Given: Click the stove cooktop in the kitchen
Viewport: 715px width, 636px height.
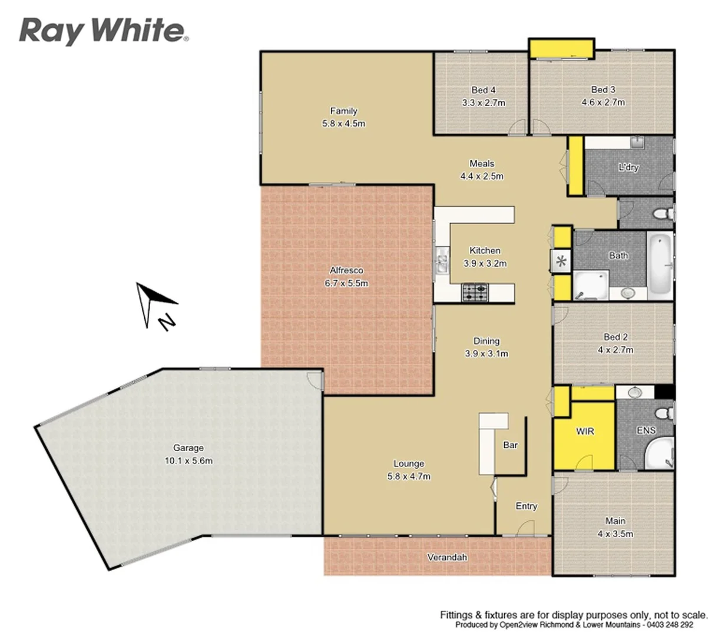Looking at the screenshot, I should point(475,291).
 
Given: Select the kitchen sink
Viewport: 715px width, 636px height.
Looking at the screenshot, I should point(442,262).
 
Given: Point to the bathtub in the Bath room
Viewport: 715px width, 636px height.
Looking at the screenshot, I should point(660,265).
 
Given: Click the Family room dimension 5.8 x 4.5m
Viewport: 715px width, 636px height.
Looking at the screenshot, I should point(343,124).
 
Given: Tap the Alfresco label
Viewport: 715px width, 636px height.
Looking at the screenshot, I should point(346,270).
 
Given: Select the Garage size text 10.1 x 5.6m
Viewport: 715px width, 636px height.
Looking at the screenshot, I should point(188,461).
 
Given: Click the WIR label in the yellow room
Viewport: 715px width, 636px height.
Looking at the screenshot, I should point(585,431).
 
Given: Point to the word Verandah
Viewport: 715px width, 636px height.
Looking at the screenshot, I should point(447,556).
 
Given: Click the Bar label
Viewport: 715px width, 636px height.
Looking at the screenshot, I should point(510,445).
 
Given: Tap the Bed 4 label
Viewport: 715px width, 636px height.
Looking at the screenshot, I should point(483,90).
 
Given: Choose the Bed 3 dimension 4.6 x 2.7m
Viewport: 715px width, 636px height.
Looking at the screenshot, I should point(603,102).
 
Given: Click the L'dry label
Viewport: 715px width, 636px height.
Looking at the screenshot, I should point(628,167).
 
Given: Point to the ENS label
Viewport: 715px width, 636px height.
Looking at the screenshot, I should point(646,430).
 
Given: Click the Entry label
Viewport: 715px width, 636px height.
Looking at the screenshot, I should point(526,506).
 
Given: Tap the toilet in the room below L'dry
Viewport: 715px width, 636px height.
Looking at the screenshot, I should point(661,213).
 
